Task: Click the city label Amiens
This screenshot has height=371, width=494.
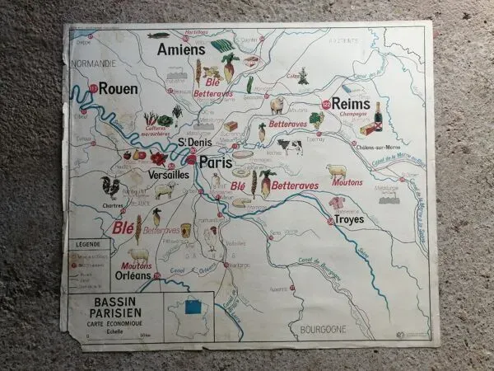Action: pyautogui.click(x=180, y=50)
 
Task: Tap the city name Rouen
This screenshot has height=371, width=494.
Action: pyautogui.click(x=119, y=87)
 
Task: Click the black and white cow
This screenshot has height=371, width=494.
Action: pyautogui.click(x=289, y=146)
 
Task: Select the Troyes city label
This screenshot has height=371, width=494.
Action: pyautogui.click(x=347, y=220)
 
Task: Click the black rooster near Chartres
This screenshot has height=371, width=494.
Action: pyautogui.click(x=110, y=185)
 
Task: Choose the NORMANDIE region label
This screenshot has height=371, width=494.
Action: pyautogui.click(x=93, y=60)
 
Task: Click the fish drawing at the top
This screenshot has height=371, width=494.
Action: pyautogui.click(x=159, y=35)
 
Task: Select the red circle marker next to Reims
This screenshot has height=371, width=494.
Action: pyautogui.click(x=326, y=104)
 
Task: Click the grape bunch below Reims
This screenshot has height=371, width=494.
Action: pyautogui.click(x=316, y=120)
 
